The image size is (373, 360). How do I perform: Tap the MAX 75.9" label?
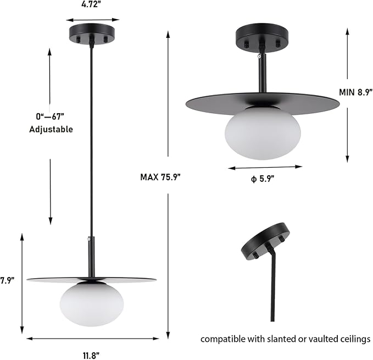tap(160, 177)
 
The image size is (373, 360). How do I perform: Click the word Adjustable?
tap(50, 130)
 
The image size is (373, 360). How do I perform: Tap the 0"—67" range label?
tap(51, 117)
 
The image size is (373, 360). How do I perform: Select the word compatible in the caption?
tap(222, 339)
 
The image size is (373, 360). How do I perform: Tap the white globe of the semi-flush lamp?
tap(262, 133)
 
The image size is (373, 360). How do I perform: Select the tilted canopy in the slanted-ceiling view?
tap(265, 241)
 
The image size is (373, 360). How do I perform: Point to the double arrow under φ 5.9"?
tap(265, 167)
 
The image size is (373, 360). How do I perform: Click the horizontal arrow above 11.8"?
tap(92, 339)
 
